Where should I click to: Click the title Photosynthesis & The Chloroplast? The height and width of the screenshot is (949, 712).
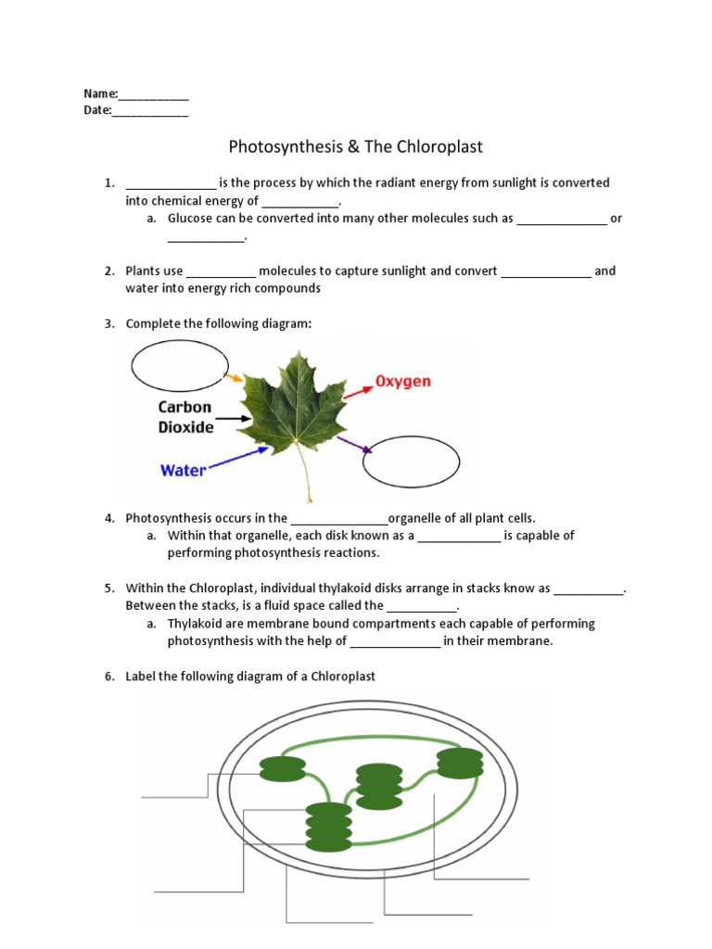pos(356,146)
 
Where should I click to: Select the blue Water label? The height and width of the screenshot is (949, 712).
pos(184,470)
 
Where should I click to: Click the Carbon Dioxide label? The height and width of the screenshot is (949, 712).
pos(185,417)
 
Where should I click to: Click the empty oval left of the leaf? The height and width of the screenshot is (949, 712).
pos(178,367)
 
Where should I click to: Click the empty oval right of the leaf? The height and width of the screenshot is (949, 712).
pos(411,461)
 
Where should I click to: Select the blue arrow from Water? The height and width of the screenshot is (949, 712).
pos(234,459)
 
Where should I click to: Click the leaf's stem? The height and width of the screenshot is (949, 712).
pos(305,477)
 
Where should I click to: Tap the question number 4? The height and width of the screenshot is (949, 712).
pos(108,518)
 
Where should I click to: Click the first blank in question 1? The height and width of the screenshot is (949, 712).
pos(171,184)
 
